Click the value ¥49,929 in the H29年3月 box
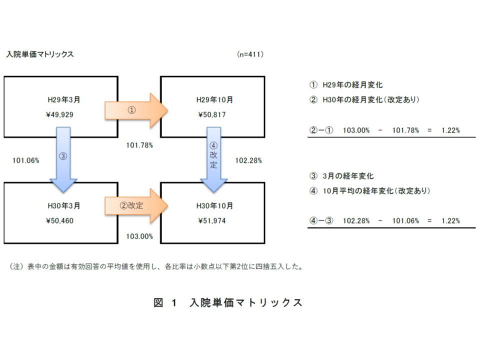coord(59,114)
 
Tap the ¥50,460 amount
coord(59,220)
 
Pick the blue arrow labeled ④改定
coord(214,159)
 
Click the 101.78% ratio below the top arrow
coord(140,145)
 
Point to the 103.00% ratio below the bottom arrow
coord(140,236)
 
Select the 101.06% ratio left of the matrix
coord(25,160)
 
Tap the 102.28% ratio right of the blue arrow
coord(248,160)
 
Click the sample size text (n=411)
coord(250,54)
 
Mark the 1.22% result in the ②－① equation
coord(450,130)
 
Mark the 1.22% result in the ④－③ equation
coord(450,220)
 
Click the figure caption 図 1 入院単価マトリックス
coord(228,302)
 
